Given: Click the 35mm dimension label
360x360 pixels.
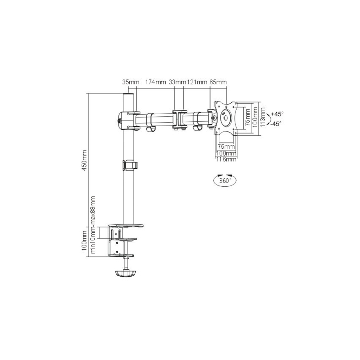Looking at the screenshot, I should (131, 82).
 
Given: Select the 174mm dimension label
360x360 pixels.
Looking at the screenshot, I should (155, 82).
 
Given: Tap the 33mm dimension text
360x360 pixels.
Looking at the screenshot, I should (177, 82).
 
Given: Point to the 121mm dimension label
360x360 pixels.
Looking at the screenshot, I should (197, 82).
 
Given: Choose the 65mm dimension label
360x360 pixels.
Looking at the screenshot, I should (218, 82).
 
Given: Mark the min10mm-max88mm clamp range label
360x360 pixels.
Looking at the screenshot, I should (93, 225).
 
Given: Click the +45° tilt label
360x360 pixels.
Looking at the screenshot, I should (277, 114).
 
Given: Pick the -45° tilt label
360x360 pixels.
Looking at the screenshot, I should (276, 124).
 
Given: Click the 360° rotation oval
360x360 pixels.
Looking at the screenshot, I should (225, 181).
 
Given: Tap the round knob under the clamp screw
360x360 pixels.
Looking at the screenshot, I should (126, 273).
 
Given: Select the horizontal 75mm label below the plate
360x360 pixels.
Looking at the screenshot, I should (226, 146).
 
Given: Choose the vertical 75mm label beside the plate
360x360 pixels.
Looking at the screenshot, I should (248, 117).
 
